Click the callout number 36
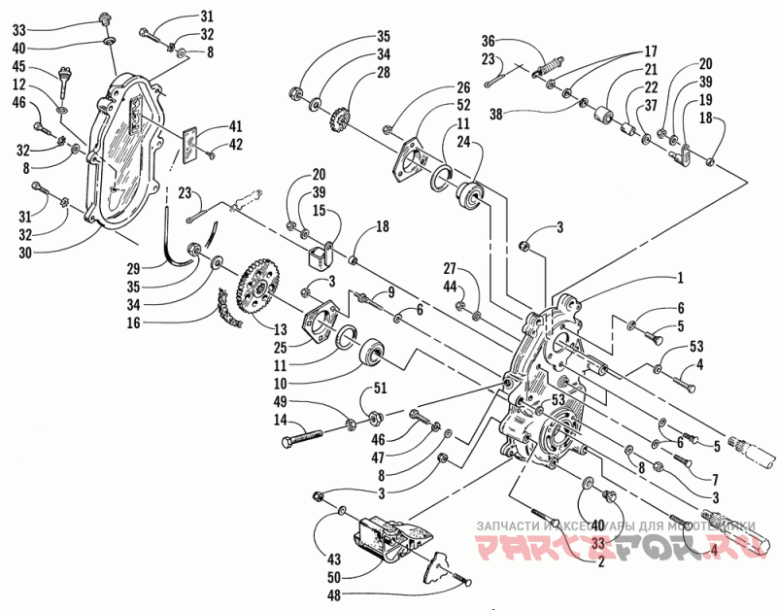[x=488, y=41]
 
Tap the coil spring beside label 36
[x=549, y=66]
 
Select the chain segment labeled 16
[x=225, y=310]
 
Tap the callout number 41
[x=236, y=125]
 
